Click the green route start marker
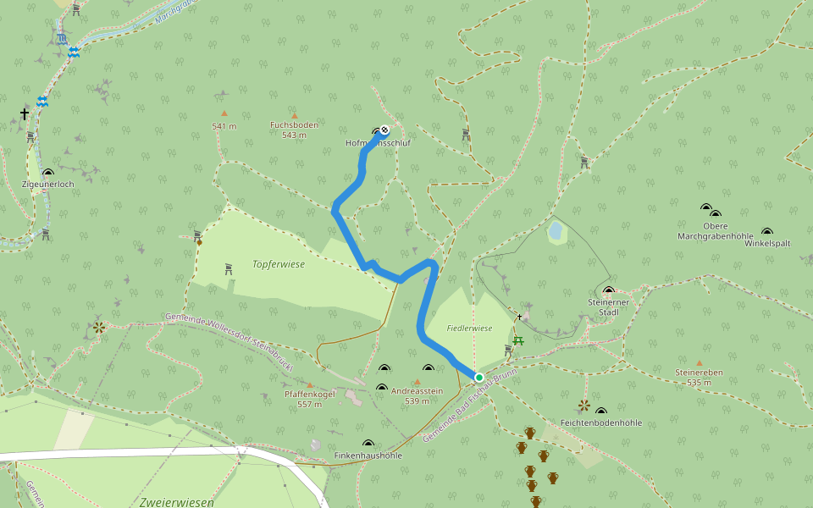pos(478,378)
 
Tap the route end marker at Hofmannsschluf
pos(384,130)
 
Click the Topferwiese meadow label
pos(278,264)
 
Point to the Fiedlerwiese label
pos(469,328)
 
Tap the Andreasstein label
pos(417,391)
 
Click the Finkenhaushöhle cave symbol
pos(368,444)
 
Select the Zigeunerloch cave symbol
pos(47,173)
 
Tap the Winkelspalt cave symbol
pos(767,231)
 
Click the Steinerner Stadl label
pos(608,306)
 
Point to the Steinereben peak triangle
pos(700,363)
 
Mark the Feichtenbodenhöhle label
pos(601,422)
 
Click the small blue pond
pos(556,229)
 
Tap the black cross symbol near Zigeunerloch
pos(25,113)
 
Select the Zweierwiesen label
pos(176,501)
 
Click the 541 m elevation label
pos(224,126)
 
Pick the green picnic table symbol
pos(518,340)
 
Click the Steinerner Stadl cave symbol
pos(608,290)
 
